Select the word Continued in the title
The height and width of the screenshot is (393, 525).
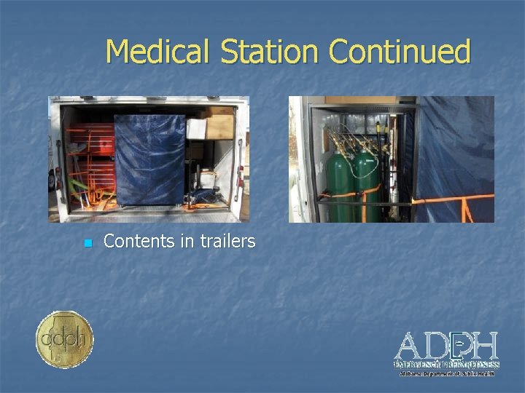tap(400, 52)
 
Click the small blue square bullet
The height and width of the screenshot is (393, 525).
tap(87, 243)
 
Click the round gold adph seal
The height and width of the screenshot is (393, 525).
tap(64, 339)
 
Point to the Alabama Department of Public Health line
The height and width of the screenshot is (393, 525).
tap(446, 373)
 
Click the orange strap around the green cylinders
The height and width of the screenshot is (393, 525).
tap(354, 194)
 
